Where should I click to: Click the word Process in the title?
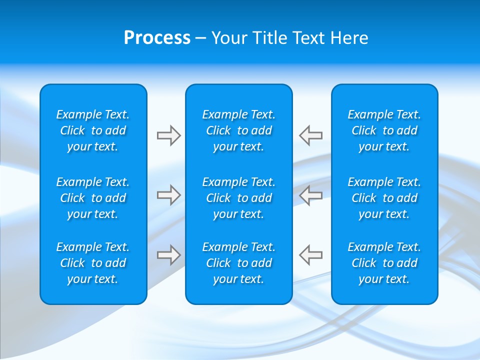(x=157, y=38)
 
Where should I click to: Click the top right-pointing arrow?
(x=168, y=135)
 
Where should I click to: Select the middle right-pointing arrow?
(x=168, y=195)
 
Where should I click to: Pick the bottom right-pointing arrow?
(x=168, y=254)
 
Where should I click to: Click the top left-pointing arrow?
(x=310, y=135)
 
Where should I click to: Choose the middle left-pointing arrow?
(x=310, y=195)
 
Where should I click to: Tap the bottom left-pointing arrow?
(x=310, y=254)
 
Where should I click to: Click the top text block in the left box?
(x=93, y=130)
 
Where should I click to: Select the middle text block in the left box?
(x=93, y=198)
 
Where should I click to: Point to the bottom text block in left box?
(x=93, y=263)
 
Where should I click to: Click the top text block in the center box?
(x=239, y=130)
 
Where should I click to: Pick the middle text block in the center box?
(x=239, y=198)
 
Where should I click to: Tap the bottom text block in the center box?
(x=239, y=263)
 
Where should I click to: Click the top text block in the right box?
(x=384, y=130)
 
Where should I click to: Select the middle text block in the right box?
(x=384, y=198)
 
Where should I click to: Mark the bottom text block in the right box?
(x=384, y=263)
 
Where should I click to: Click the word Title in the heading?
(x=269, y=38)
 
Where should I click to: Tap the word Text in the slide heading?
(x=308, y=38)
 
